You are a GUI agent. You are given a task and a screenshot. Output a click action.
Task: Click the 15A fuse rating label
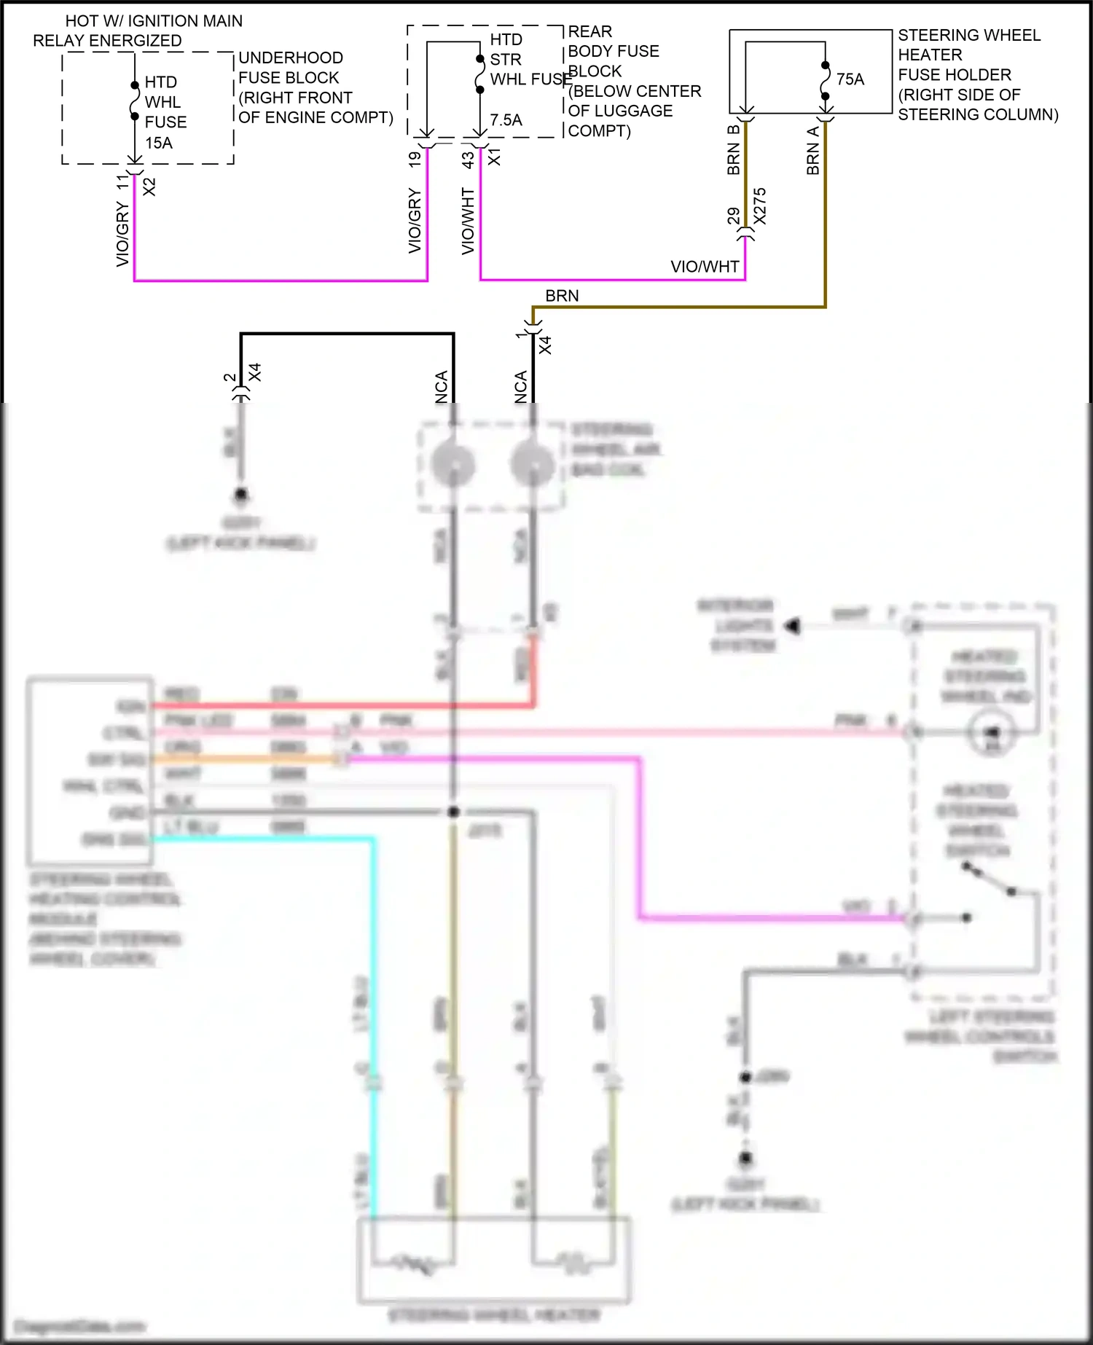click(x=158, y=143)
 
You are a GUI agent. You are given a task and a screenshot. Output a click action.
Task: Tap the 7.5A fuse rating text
click(x=506, y=120)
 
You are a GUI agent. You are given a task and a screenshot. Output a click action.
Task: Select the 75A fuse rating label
click(x=850, y=79)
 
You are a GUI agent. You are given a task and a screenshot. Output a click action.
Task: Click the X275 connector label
click(x=760, y=206)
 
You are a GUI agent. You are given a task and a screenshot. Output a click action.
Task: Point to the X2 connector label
click(x=149, y=187)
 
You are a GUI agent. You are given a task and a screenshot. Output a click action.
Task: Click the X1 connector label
click(x=494, y=157)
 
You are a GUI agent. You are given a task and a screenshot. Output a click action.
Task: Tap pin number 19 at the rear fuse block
click(x=415, y=158)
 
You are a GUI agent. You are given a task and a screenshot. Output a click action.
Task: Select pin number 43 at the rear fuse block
click(x=468, y=158)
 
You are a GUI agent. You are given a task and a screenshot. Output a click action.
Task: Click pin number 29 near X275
click(x=733, y=216)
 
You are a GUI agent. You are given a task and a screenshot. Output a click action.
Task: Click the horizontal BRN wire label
click(x=562, y=296)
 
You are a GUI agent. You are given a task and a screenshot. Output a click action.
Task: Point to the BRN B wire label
click(x=734, y=150)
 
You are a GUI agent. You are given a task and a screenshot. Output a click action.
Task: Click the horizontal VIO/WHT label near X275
click(x=704, y=267)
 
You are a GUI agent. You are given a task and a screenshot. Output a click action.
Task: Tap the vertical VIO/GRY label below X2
click(x=122, y=235)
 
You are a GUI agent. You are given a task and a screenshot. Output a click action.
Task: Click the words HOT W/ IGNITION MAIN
click(x=154, y=21)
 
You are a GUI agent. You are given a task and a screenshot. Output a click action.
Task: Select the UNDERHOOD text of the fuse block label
click(x=290, y=58)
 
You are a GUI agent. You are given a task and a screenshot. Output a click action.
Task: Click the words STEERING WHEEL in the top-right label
click(x=968, y=35)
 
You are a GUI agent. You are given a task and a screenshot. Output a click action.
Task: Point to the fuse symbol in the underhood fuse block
click(x=135, y=101)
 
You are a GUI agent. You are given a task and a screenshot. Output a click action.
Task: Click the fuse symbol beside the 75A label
click(x=825, y=80)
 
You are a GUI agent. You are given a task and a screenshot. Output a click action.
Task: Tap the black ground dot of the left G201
click(x=240, y=495)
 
